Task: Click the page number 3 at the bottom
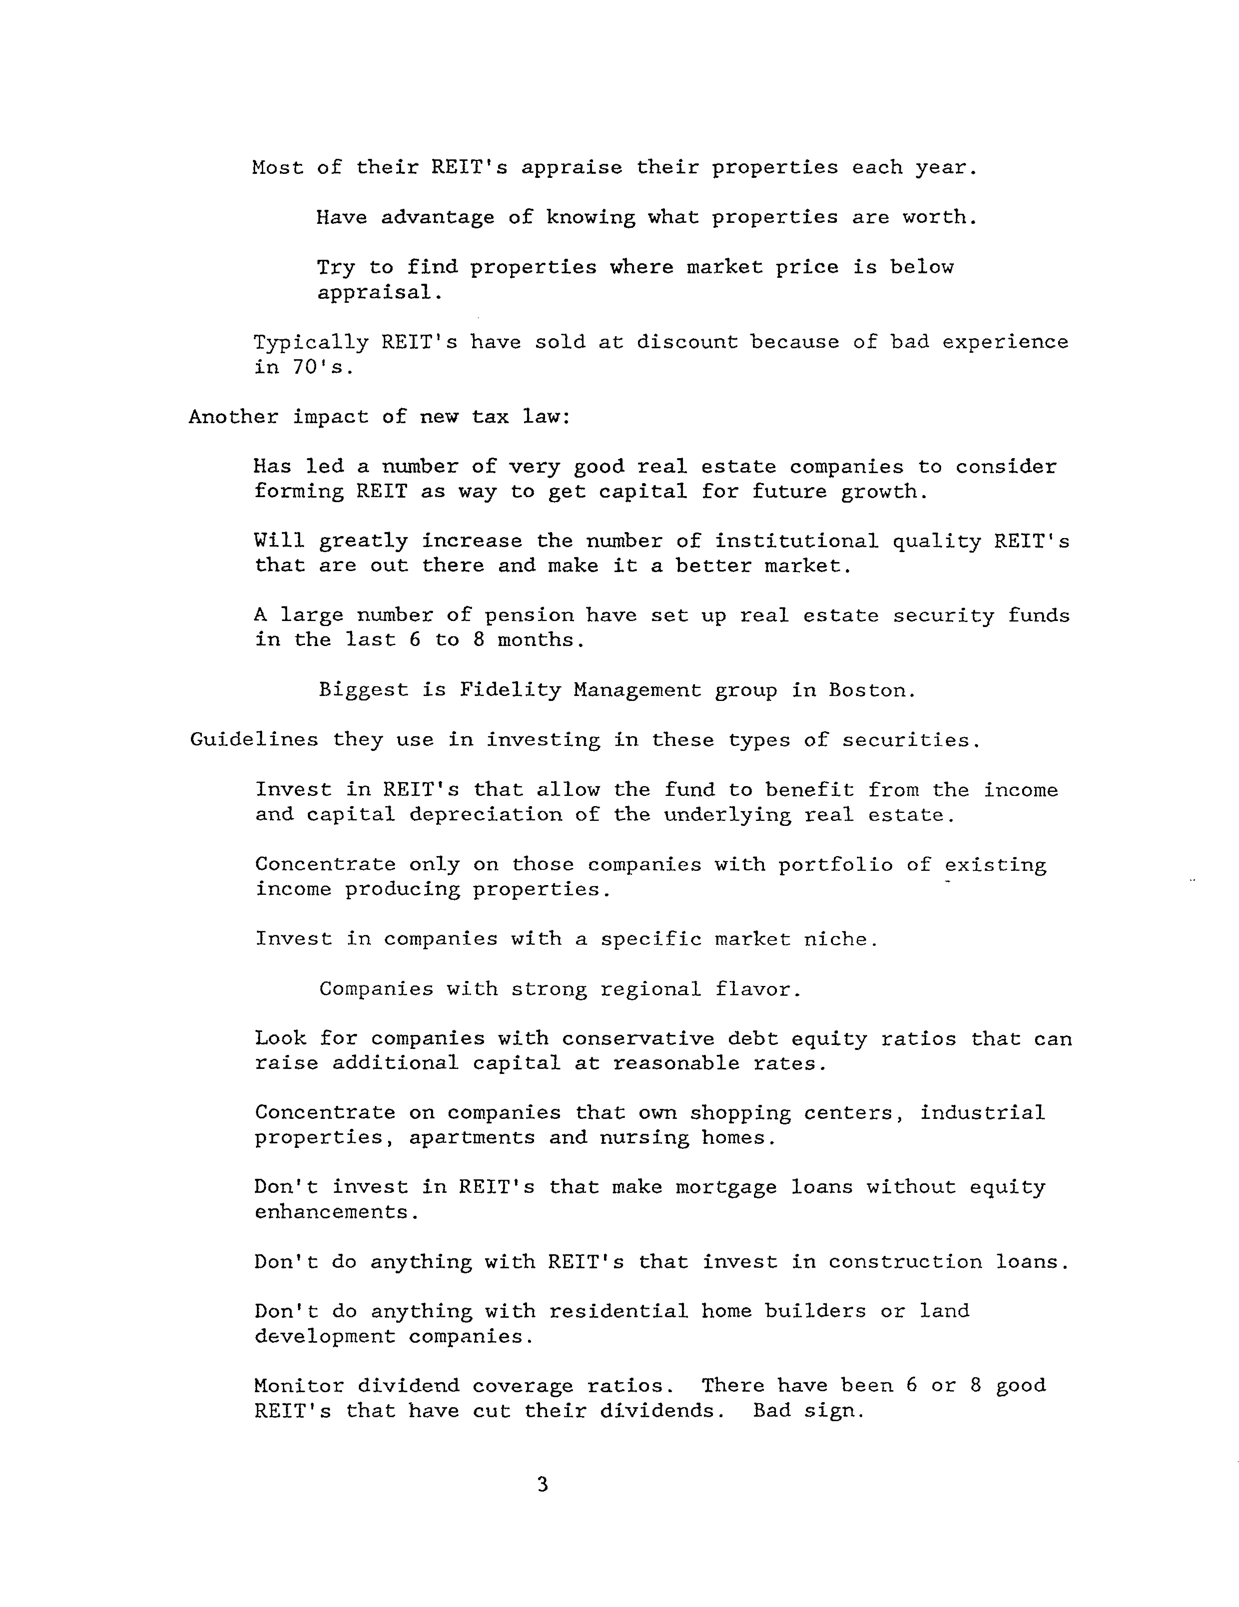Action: point(543,1485)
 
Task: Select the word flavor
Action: point(757,989)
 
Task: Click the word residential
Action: point(619,1311)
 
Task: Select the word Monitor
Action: point(299,1386)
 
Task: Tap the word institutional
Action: point(796,542)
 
